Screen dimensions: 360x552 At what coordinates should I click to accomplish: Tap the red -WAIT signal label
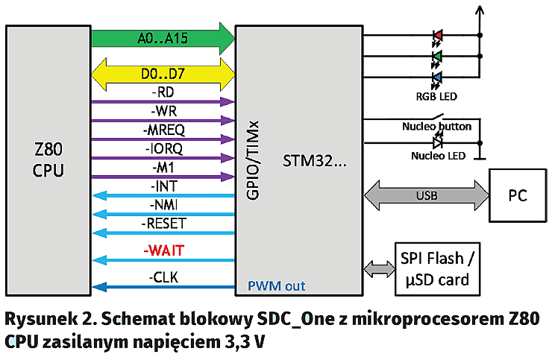(163, 250)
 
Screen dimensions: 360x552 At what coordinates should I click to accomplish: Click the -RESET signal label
(163, 223)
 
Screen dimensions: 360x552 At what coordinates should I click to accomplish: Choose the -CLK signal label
(163, 277)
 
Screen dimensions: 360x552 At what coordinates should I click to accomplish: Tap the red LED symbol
(437, 36)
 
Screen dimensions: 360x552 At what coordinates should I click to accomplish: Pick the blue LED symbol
(437, 78)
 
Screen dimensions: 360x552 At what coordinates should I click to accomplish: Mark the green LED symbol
(437, 57)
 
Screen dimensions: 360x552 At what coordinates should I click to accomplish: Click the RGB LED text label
(436, 96)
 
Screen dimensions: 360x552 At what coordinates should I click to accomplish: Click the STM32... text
(313, 160)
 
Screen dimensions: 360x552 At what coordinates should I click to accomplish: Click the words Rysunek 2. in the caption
(45, 319)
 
